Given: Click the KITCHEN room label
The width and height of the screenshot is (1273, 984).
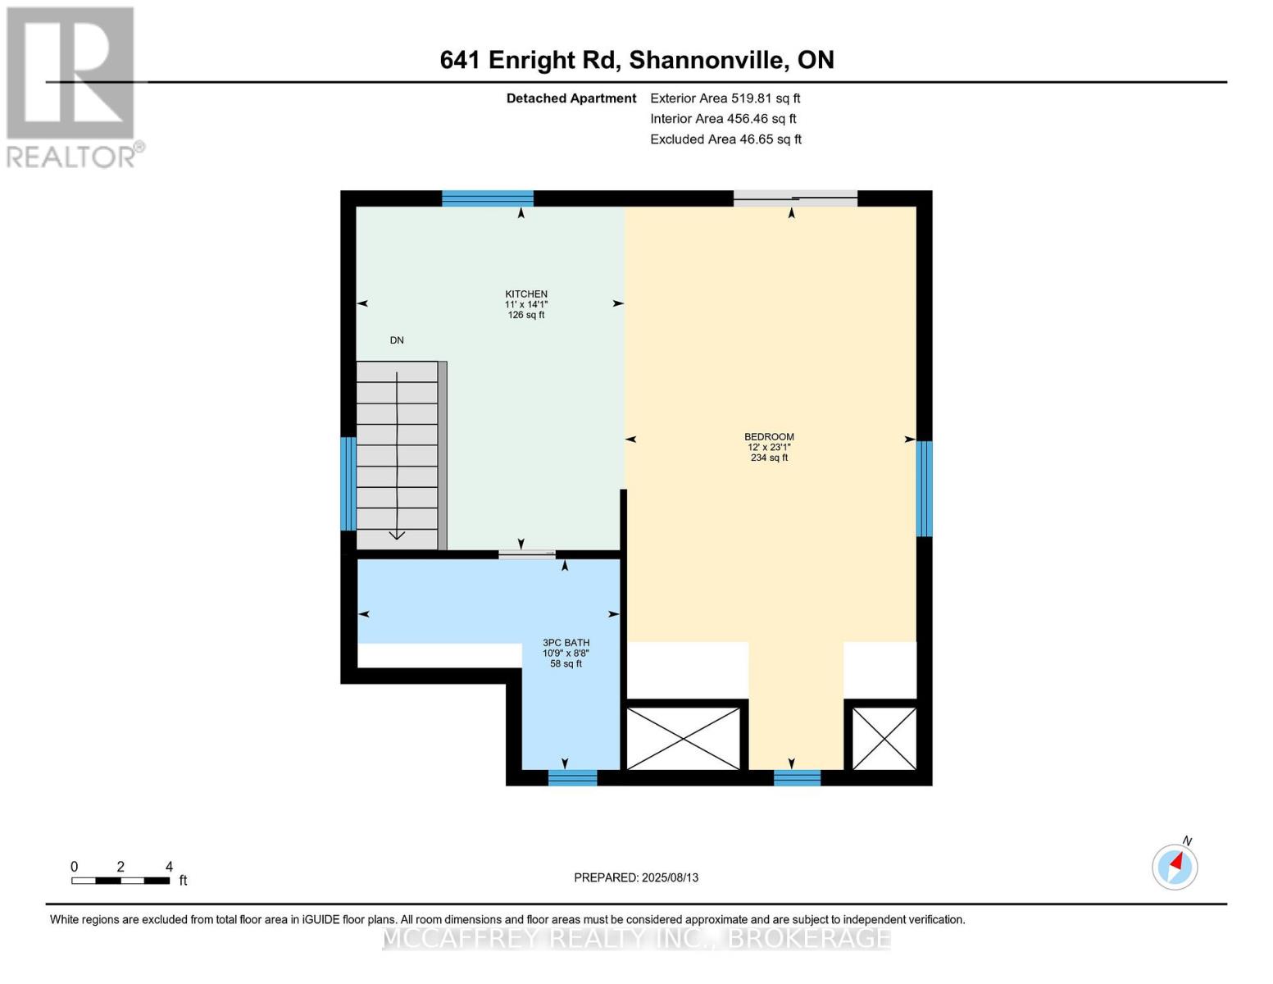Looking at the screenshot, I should [525, 294].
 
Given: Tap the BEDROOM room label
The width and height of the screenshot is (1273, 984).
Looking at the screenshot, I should [769, 437].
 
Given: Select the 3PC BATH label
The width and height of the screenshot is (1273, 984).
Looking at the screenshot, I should [566, 643].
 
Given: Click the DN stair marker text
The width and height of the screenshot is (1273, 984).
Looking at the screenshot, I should [397, 340].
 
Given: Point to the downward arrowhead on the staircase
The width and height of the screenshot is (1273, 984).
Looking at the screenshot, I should [397, 535].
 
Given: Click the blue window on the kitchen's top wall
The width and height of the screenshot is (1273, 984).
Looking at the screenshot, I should [488, 198].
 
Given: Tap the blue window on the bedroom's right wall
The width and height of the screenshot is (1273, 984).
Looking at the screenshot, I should [924, 489].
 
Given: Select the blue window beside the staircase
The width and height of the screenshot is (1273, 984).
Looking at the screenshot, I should [348, 484].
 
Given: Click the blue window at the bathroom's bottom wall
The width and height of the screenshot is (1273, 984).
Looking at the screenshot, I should [572, 778].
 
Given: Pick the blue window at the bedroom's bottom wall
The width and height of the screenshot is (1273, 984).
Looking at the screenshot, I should [797, 778].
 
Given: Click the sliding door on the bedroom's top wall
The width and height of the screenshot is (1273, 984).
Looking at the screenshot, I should [794, 198].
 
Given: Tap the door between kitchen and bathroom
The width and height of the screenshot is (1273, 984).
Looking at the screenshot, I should [527, 555].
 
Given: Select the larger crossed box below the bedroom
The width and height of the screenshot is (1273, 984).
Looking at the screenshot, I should [683, 739].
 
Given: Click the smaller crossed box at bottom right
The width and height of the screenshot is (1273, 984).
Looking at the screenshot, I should [884, 739].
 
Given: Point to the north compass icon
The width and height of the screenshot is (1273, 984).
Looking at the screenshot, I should [1175, 867].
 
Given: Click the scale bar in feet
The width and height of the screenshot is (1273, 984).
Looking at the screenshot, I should [120, 881].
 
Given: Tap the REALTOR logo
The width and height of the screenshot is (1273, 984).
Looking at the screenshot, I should [72, 86].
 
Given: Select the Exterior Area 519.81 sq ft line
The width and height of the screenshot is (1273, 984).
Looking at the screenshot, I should [725, 98].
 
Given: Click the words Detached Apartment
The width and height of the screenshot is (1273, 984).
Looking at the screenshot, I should [571, 98].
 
